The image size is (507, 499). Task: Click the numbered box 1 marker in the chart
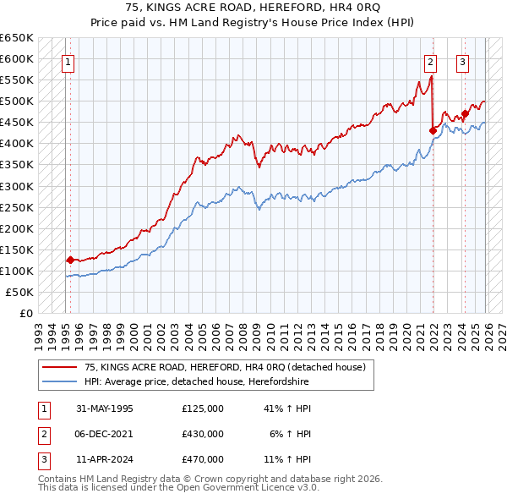pyautogui.click(x=67, y=61)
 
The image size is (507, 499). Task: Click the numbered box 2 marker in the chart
pyautogui.click(x=430, y=61)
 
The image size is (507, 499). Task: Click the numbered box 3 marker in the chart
pyautogui.click(x=463, y=61)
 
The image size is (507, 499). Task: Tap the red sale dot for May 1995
pyautogui.click(x=70, y=260)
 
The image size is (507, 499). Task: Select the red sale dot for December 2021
pyautogui.click(x=433, y=130)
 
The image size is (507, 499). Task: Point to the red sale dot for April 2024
pyautogui.click(x=465, y=113)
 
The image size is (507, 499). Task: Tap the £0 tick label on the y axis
pyautogui.click(x=25, y=313)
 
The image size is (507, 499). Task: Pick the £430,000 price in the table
pyautogui.click(x=203, y=434)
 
